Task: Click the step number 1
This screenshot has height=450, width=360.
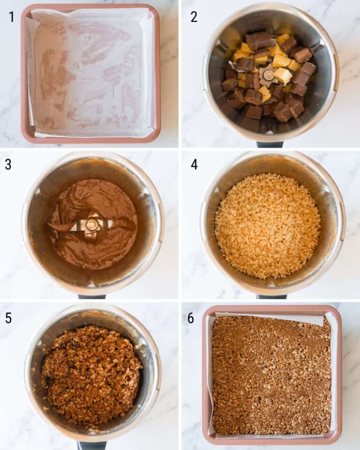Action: [12, 17]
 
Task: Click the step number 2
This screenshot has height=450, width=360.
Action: [194, 17]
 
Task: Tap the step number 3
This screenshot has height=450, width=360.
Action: [8, 165]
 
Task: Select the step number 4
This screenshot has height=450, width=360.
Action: [194, 165]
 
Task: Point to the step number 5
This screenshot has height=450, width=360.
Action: [8, 318]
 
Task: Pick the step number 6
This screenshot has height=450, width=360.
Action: [191, 318]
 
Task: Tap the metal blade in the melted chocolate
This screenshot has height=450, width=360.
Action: [92, 225]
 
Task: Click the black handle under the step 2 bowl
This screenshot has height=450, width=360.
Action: [270, 144]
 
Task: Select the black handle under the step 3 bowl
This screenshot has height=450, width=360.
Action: [92, 296]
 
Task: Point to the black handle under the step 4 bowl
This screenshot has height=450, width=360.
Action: [271, 296]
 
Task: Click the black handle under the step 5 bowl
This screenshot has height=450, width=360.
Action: [92, 445]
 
